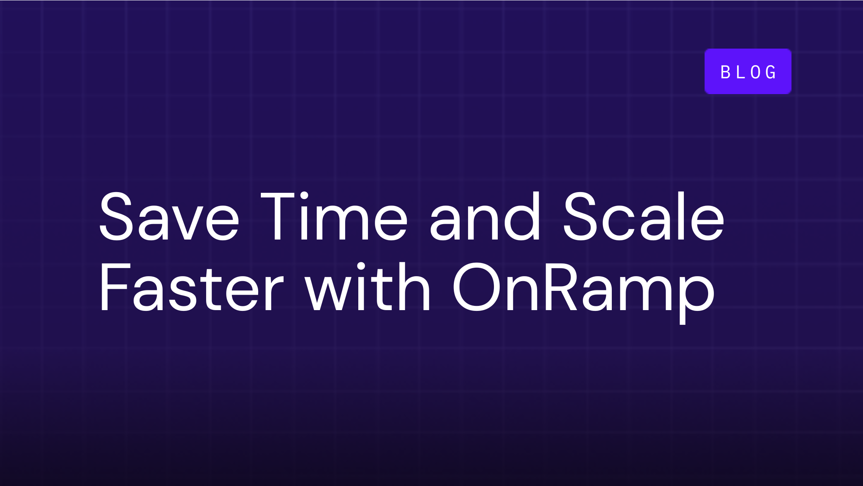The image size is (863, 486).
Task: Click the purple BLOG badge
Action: click(748, 71)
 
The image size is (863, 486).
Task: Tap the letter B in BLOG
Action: click(725, 72)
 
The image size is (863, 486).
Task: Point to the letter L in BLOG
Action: click(740, 72)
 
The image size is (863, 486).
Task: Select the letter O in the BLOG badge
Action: click(756, 72)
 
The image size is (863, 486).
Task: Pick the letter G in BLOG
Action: click(771, 72)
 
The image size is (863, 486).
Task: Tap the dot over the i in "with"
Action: click(361, 266)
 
